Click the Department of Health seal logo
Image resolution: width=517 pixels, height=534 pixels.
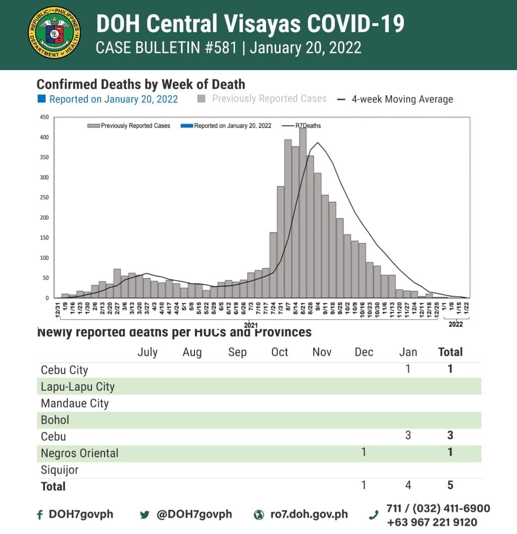coord(55,33)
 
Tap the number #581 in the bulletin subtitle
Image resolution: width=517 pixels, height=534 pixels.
coord(220,48)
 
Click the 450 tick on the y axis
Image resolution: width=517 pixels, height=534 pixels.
coord(44,117)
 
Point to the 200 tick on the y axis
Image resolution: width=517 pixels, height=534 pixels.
coord(44,218)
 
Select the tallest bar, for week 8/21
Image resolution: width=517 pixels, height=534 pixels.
coord(303,212)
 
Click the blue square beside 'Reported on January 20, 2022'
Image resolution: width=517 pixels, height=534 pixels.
coord(41,99)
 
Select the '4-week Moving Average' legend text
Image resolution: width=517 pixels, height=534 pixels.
coord(402,99)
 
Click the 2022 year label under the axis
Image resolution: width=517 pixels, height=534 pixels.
coord(455,325)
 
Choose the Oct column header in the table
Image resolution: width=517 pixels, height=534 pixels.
coord(279,352)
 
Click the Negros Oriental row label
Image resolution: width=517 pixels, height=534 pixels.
coord(80,453)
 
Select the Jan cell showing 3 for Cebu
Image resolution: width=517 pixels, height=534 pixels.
coord(408,435)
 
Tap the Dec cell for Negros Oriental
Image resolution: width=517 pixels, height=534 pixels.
coord(364,452)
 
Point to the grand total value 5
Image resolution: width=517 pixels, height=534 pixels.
coord(450,485)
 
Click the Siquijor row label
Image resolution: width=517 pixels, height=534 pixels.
coord(60,470)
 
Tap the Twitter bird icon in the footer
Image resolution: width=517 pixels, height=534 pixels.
coord(145,515)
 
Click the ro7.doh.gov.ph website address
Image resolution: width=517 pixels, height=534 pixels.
coord(308,514)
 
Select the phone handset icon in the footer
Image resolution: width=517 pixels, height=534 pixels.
coord(374,515)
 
